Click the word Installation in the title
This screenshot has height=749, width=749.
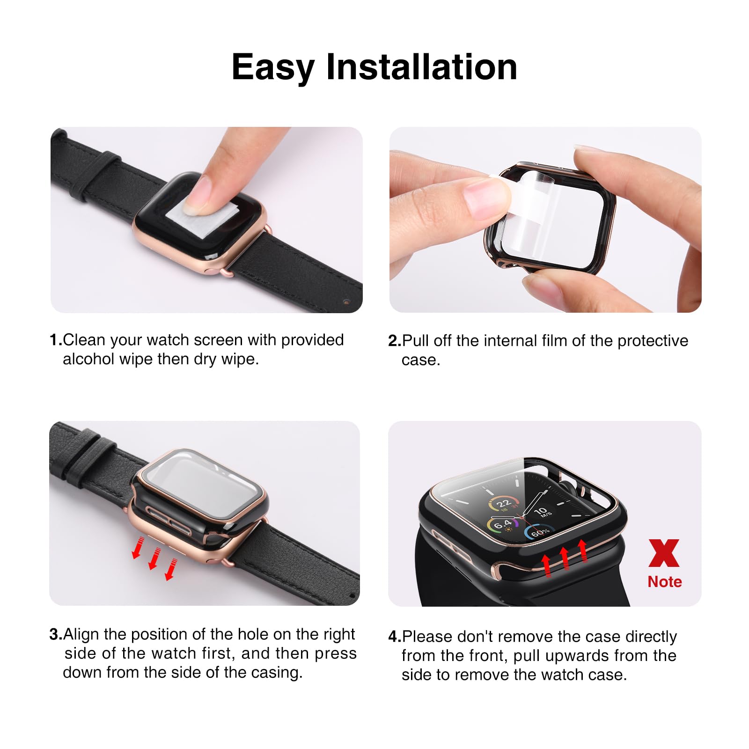[x=421, y=67]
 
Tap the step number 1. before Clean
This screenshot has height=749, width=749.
[x=55, y=340]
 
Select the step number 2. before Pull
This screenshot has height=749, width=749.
[x=394, y=341]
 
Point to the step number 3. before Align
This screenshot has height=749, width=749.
[x=55, y=635]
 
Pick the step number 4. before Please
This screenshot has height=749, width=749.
[x=394, y=637]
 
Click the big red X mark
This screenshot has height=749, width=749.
[x=664, y=553]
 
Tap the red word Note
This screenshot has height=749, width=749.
[x=664, y=582]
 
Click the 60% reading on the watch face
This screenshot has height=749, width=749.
[x=539, y=532]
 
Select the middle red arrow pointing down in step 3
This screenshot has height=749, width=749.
[x=154, y=559]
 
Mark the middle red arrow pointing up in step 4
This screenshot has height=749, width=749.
[x=565, y=558]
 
